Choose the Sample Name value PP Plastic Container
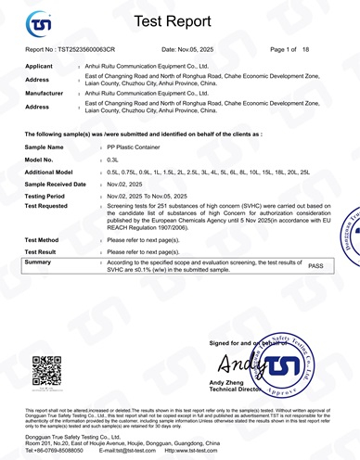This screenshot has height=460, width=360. click(139, 147)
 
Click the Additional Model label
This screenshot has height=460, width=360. click(56, 172)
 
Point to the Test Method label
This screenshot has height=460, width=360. click(45, 239)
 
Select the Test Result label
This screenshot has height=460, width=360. click(45, 251)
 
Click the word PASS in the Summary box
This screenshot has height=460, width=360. click(315, 265)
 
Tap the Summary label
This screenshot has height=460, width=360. click(40, 262)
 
